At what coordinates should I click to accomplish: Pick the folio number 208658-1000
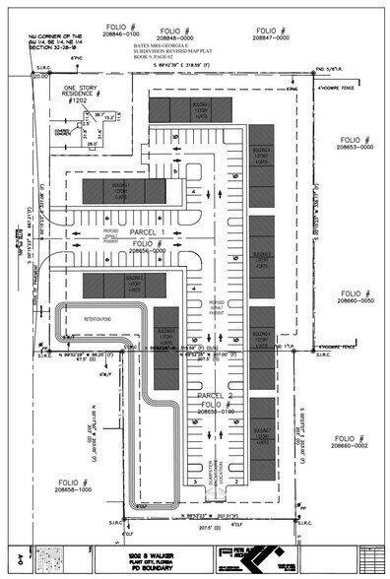(72, 488)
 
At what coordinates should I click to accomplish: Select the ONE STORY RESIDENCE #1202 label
(84, 95)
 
